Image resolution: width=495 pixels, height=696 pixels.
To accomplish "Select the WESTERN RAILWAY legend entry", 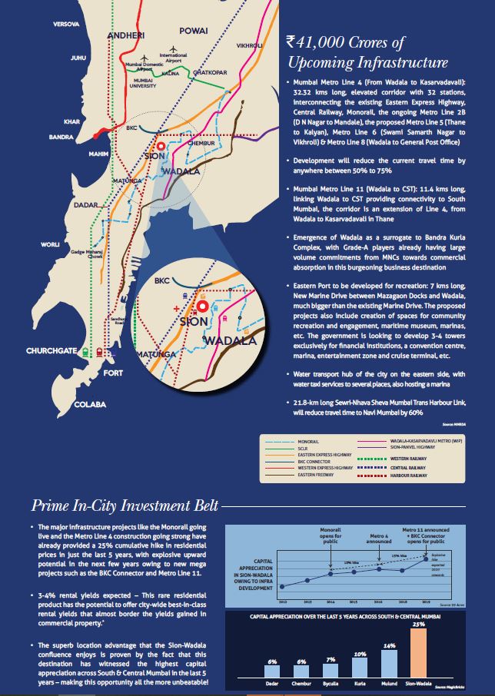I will (x=427, y=459).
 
